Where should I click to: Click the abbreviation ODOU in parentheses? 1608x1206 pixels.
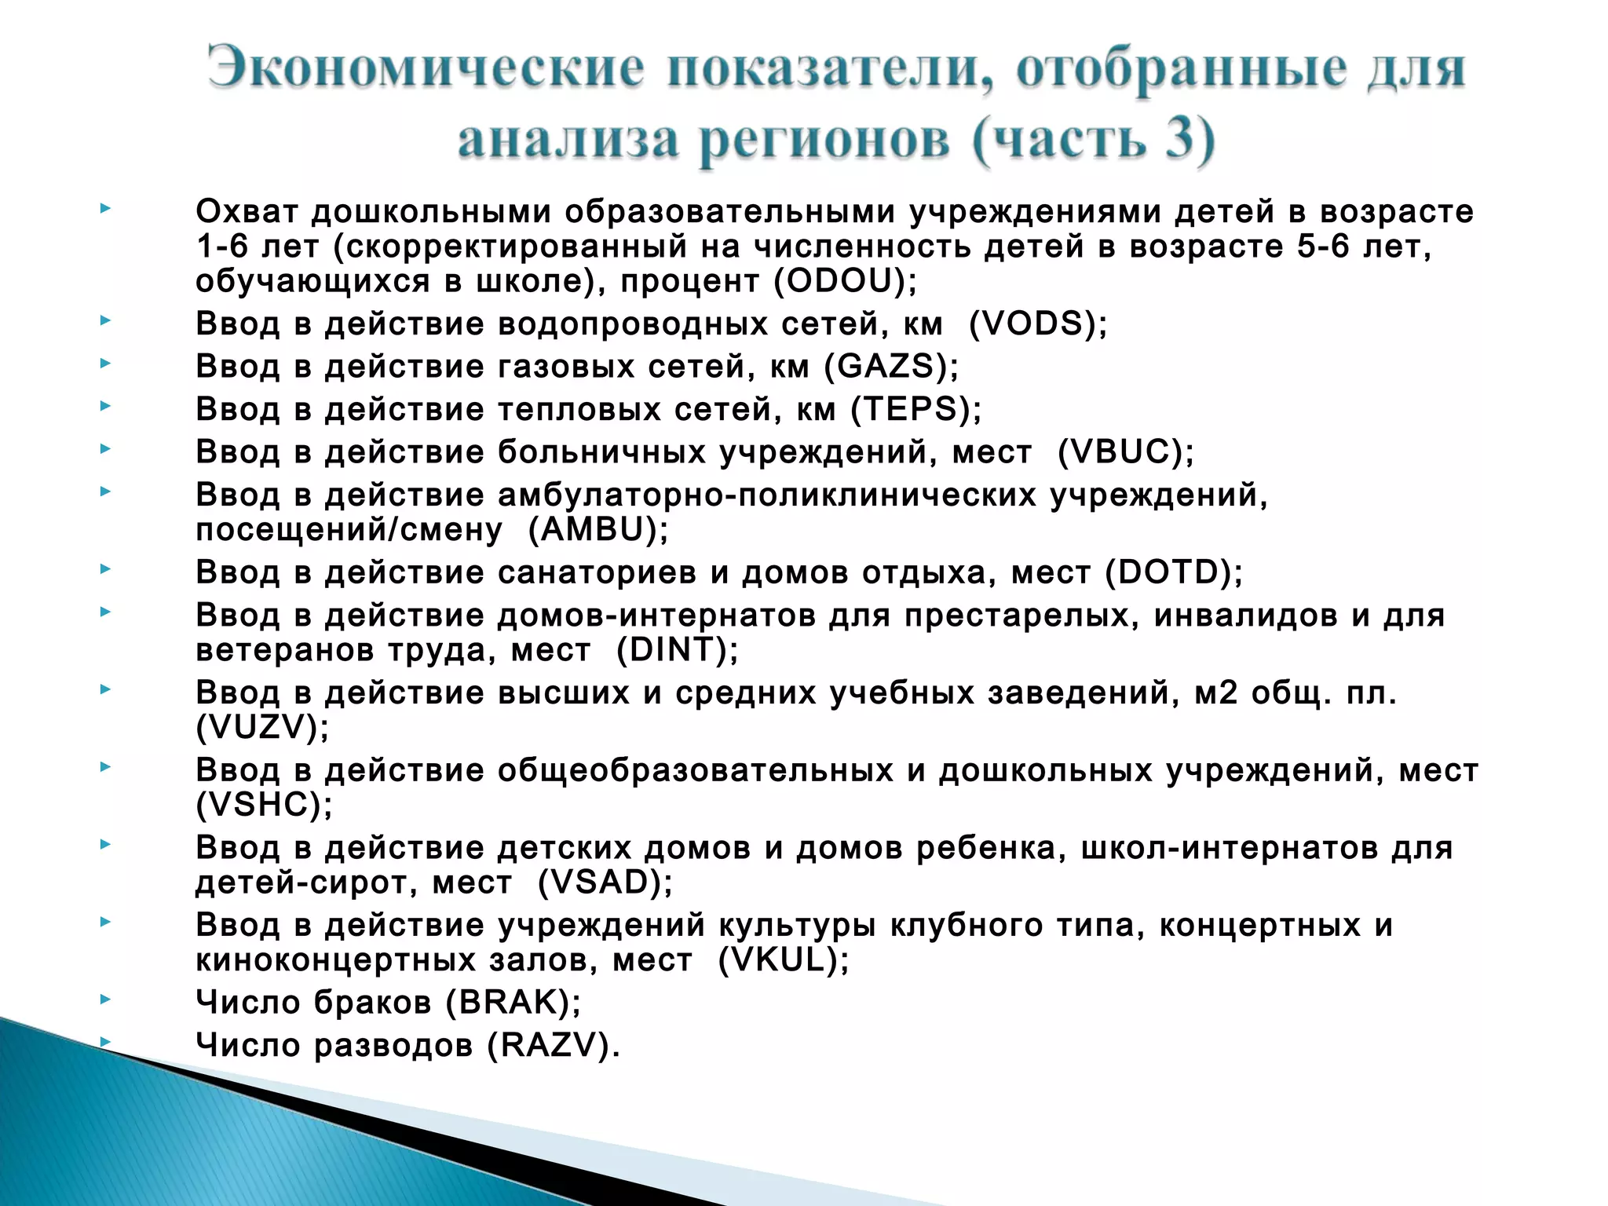845,282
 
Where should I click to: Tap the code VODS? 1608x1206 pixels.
1037,324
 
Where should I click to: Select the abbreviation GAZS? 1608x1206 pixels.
890,367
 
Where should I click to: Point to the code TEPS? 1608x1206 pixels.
914,409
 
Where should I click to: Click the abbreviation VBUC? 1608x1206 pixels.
1124,452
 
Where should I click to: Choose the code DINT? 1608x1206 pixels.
677,650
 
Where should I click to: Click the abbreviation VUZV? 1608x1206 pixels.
262,728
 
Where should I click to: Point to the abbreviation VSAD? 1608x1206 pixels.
605,883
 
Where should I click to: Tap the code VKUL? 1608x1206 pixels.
783,960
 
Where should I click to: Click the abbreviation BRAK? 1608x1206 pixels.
513,1003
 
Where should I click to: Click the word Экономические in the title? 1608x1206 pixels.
427,69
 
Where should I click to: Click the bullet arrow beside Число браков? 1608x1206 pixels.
105,1000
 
